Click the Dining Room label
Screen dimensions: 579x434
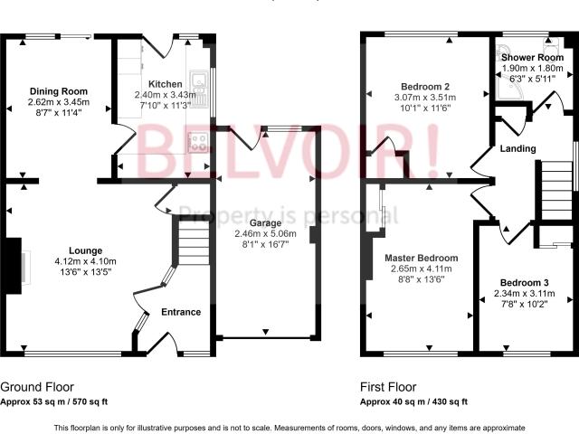point(58,91)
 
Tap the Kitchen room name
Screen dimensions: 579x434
point(165,84)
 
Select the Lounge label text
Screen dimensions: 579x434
point(85,251)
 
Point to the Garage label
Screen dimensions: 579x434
point(265,223)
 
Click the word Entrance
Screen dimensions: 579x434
point(181,312)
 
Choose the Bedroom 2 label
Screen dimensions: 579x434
point(425,87)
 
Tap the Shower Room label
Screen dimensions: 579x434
point(532,58)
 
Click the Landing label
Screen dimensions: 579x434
point(517,148)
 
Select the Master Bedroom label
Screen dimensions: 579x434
point(422,258)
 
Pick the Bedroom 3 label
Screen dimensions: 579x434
point(524,283)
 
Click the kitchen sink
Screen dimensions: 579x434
point(199,90)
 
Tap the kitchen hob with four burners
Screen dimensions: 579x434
point(198,142)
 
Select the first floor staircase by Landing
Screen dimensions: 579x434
point(557,191)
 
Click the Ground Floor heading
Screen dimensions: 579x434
point(37,387)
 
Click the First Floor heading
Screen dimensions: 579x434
point(388,387)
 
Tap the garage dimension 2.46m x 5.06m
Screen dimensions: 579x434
point(265,234)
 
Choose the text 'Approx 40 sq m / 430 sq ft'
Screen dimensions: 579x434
point(413,401)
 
